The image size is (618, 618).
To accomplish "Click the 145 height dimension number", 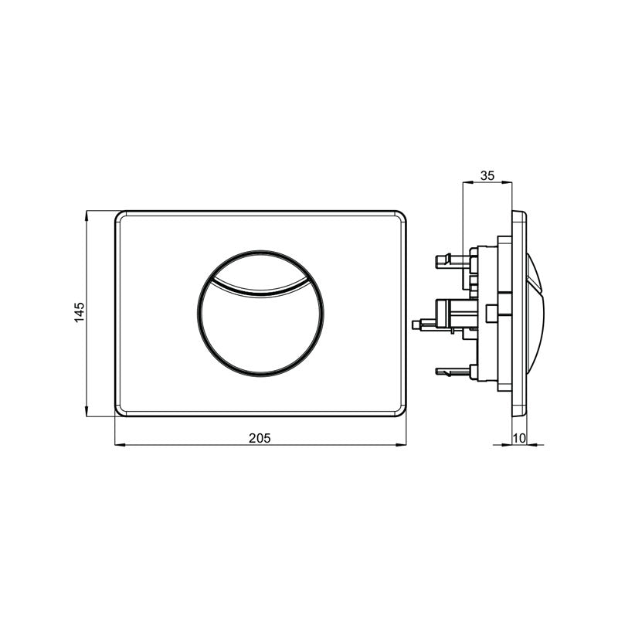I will (79, 314).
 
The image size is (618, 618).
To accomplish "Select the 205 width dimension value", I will (260, 437).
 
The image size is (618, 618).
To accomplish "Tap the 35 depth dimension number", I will (487, 175).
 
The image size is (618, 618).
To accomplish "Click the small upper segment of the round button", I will (260, 267).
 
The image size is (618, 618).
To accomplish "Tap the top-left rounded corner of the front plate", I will (121, 216).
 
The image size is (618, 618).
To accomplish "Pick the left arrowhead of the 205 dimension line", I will (118, 445).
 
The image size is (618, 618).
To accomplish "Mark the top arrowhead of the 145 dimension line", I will (87, 212).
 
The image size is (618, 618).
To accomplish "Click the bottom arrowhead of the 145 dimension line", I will (87, 414).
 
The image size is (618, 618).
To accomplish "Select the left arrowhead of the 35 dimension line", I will (464, 183).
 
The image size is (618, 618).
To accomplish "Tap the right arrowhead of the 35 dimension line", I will (509, 183).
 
